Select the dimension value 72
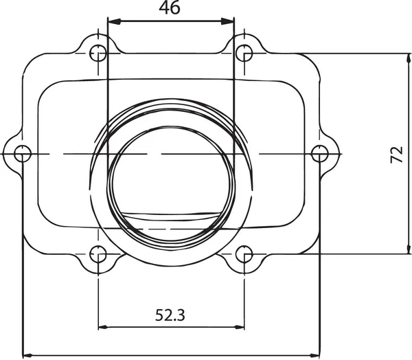[x=396, y=154]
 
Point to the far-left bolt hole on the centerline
[x=23, y=153]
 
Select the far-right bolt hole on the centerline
[x=318, y=153]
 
